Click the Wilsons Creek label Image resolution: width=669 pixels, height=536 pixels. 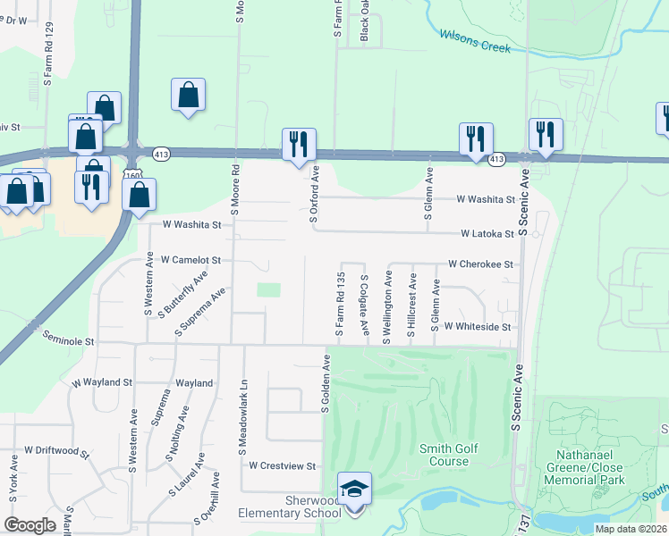coord(475,41)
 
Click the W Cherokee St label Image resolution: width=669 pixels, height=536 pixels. coord(480,264)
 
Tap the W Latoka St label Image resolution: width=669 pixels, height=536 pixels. coord(487,234)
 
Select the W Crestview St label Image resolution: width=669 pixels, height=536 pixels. coord(283,466)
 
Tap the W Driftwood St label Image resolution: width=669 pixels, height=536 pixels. coord(57,450)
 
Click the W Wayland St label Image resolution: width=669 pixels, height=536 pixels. coord(102,382)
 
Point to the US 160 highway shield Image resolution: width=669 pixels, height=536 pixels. coord(131,174)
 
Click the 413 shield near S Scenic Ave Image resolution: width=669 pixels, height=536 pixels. coord(496,159)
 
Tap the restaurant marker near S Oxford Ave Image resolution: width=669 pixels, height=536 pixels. coord(299,143)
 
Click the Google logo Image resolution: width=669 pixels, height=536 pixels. coord(30,524)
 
